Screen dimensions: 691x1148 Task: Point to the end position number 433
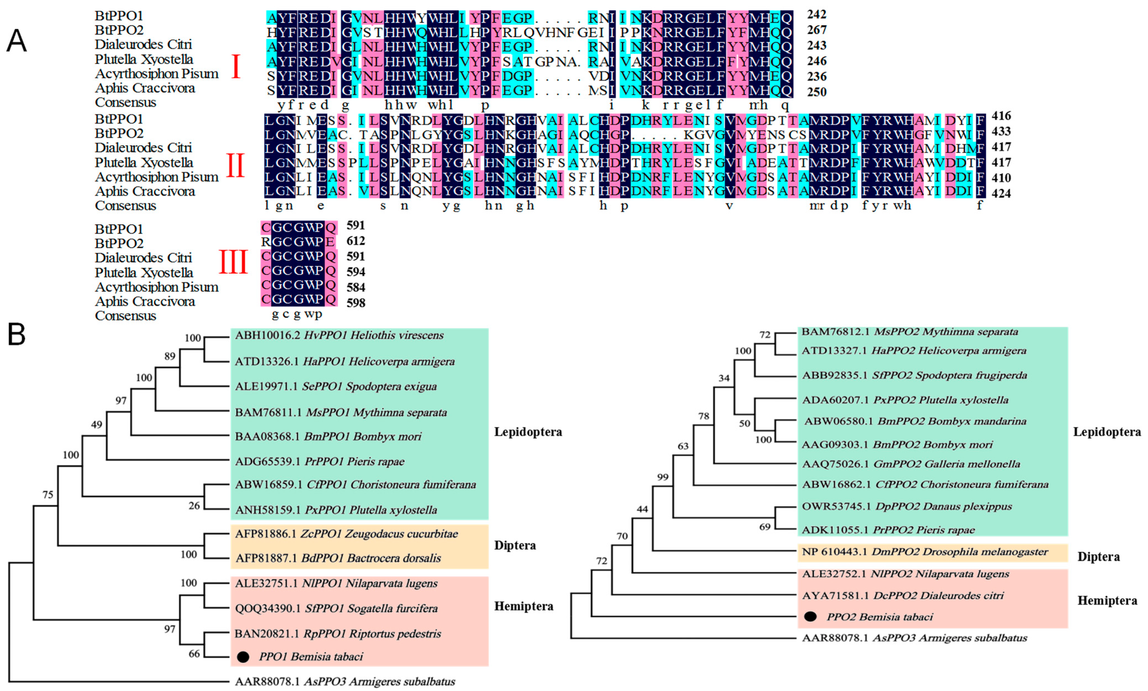pos(1001,131)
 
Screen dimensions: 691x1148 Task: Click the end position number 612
pos(356,241)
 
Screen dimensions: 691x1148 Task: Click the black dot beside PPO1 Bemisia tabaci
pos(243,657)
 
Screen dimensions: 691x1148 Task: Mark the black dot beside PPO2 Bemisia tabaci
pos(810,617)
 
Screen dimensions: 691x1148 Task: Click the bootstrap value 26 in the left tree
pos(194,506)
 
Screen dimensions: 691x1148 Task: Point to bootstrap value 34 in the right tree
pos(724,378)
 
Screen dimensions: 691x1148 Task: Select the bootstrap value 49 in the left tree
pos(96,425)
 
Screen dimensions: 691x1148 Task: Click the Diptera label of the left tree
pos(515,545)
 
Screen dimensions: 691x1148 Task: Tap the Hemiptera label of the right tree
pos(1107,601)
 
